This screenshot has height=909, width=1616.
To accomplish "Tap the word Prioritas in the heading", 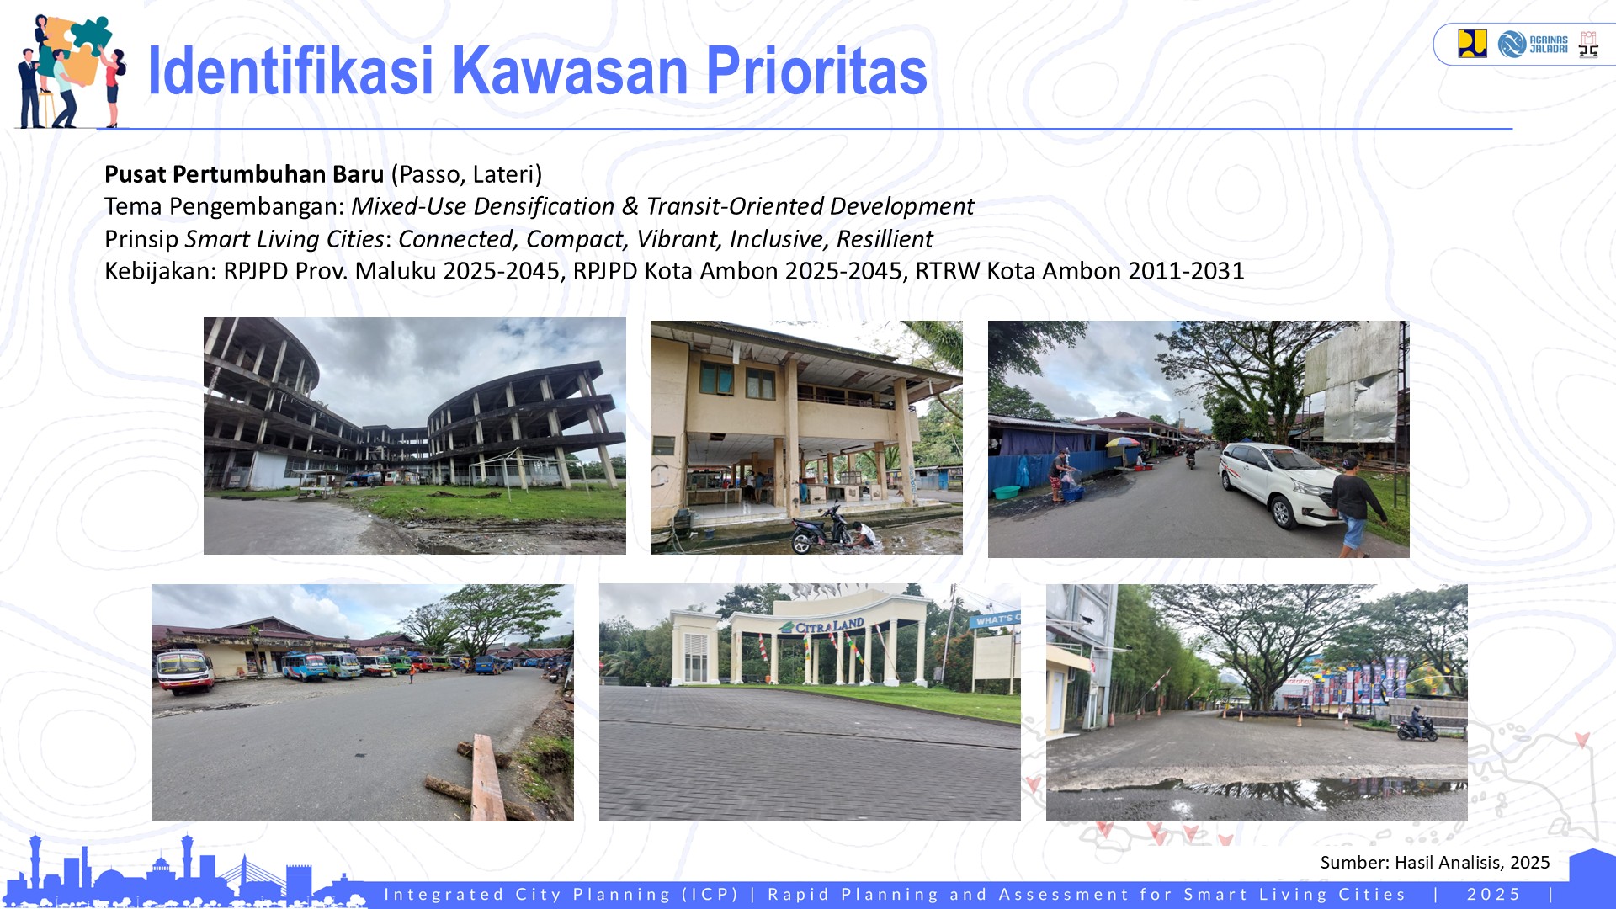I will tap(816, 72).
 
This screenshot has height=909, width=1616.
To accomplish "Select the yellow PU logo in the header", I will tap(1472, 44).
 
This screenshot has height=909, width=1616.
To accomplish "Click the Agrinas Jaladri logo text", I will tap(1548, 45).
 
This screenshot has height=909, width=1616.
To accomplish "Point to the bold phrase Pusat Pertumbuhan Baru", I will tap(244, 174).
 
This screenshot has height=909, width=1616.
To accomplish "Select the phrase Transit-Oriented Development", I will tap(810, 206).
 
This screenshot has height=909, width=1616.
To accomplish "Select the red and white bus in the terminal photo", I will tap(185, 670).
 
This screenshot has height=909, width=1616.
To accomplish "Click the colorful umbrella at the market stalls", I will tap(1122, 443).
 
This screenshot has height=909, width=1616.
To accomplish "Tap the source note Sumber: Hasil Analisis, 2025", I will tap(1434, 862).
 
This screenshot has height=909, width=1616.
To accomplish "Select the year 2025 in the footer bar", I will tap(1494, 894).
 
